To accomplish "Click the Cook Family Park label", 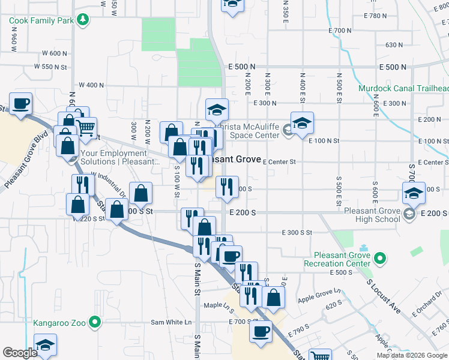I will [40, 20].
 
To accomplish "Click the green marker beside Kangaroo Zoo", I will [95, 323].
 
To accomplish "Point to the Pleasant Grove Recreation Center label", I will [337, 259].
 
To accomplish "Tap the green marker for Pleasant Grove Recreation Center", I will [379, 259].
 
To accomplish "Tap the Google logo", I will [20, 353].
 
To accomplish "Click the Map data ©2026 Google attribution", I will [412, 355].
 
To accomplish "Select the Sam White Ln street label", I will [166, 322].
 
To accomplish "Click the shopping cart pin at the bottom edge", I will [320, 354].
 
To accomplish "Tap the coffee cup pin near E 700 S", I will [261, 332].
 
